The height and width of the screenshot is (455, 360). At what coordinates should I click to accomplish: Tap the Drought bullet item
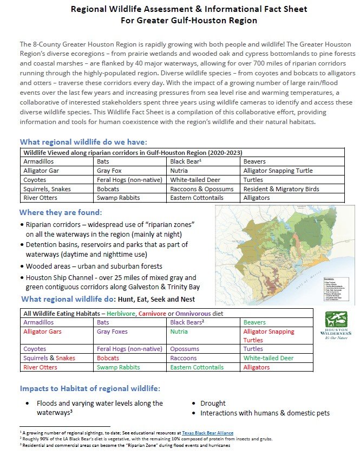point(213,403)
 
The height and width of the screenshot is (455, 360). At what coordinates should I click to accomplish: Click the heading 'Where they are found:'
point(60,212)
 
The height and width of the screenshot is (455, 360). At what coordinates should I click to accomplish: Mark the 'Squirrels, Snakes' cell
point(48,188)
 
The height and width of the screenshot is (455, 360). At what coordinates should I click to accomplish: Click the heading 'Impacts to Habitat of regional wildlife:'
point(90,388)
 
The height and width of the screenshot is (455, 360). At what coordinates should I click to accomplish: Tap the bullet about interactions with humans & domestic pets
point(265,413)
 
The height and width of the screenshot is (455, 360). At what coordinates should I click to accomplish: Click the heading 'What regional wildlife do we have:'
point(83,142)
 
